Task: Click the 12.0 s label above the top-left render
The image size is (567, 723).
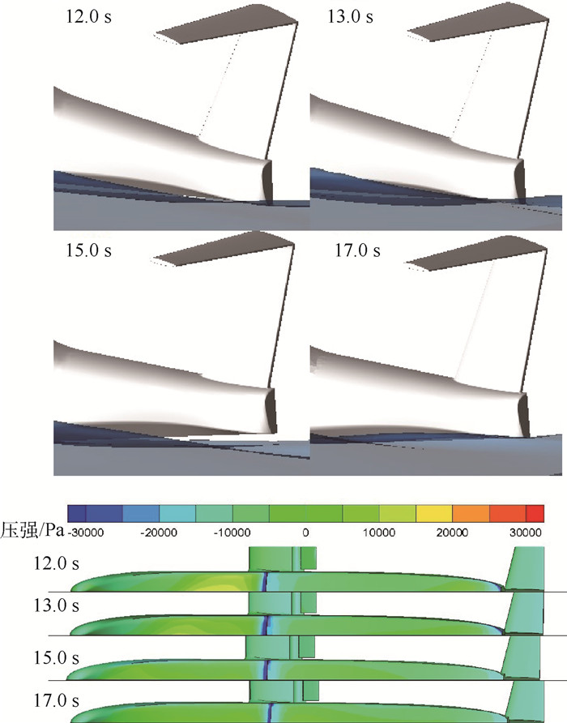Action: [88, 16]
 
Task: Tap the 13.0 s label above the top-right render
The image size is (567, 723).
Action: [350, 16]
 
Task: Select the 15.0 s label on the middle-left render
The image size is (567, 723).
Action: [88, 250]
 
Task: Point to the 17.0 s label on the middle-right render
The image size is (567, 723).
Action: [357, 250]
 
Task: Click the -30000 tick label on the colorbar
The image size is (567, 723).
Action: [86, 533]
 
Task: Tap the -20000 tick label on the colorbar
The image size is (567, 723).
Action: [159, 533]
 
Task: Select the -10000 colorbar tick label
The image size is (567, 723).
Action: [232, 533]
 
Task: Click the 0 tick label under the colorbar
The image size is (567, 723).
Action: [305, 533]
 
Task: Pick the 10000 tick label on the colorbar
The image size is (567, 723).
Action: [379, 533]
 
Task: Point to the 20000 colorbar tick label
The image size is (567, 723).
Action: [452, 533]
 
